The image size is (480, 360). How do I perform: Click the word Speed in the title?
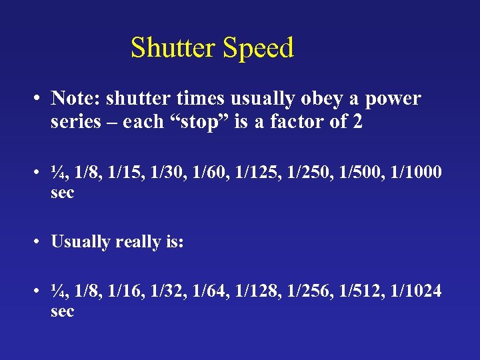pyautogui.click(x=258, y=48)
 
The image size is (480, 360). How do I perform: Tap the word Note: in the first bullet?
pyautogui.click(x=75, y=99)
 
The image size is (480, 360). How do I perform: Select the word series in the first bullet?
pyautogui.click(x=72, y=122)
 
